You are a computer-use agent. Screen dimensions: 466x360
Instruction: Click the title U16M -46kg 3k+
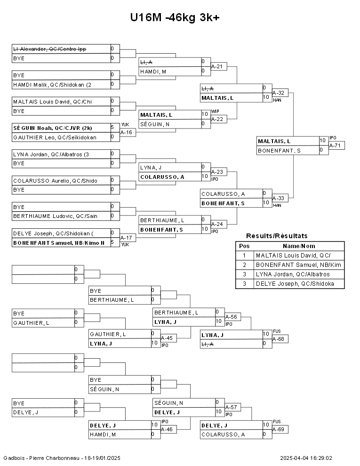(175, 17)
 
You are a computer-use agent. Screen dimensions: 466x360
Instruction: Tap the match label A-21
(216, 66)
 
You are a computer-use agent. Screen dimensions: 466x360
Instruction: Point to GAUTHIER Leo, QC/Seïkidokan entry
(55, 137)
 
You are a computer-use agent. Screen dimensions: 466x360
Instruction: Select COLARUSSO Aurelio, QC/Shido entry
(53, 180)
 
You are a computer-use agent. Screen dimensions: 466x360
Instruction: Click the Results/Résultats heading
(277, 236)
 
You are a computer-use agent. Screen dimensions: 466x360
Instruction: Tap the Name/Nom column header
(299, 246)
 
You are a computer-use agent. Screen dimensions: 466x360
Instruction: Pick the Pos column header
(244, 246)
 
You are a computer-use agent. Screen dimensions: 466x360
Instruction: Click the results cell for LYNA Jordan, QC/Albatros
(292, 274)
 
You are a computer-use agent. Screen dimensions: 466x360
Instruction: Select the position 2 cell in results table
(244, 265)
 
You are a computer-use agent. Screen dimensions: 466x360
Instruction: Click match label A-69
(280, 430)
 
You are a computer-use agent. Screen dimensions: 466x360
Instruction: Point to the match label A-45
(167, 338)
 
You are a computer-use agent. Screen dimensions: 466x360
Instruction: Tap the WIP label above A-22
(215, 111)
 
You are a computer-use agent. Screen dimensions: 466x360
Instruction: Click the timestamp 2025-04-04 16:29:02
(306, 458)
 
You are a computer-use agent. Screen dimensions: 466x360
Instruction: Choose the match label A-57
(231, 407)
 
